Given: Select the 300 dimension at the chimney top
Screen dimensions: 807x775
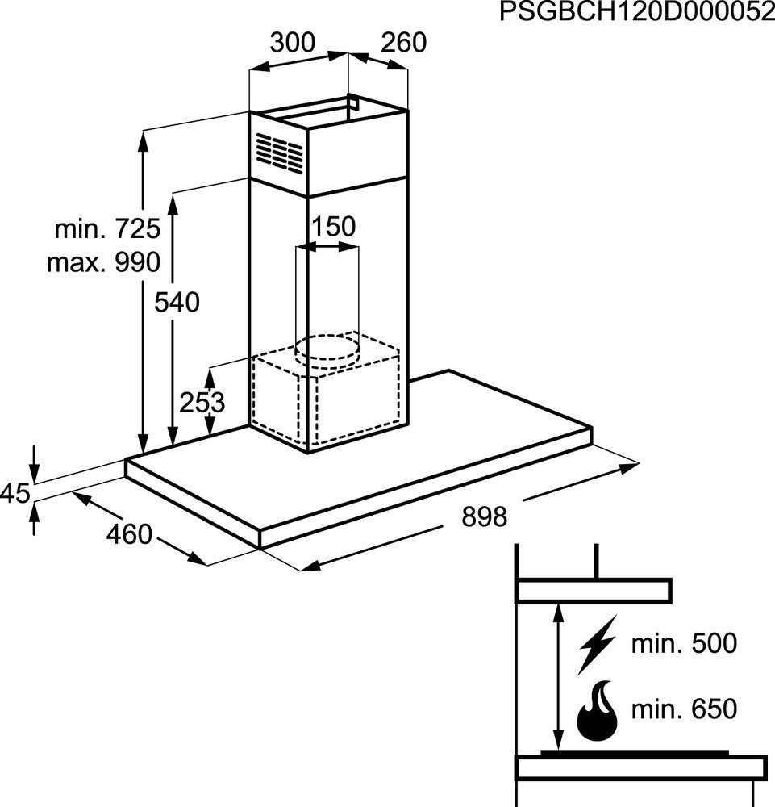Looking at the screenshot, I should (291, 42).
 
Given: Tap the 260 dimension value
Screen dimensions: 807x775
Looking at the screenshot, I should (403, 42).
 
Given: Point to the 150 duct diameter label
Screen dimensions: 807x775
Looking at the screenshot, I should (333, 227).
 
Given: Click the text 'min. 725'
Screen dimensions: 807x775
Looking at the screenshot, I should (107, 229).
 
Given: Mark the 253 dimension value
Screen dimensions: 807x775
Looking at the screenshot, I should (202, 402).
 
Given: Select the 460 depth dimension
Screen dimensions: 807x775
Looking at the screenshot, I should (129, 534).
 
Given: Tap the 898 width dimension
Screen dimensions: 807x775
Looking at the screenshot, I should (484, 516).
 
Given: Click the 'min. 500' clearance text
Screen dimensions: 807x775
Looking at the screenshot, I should (684, 643).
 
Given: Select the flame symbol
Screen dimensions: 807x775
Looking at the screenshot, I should (597, 713).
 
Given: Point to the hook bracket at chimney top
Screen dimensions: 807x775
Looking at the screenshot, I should (352, 105).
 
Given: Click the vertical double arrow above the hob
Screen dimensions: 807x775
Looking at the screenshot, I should (556, 678).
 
